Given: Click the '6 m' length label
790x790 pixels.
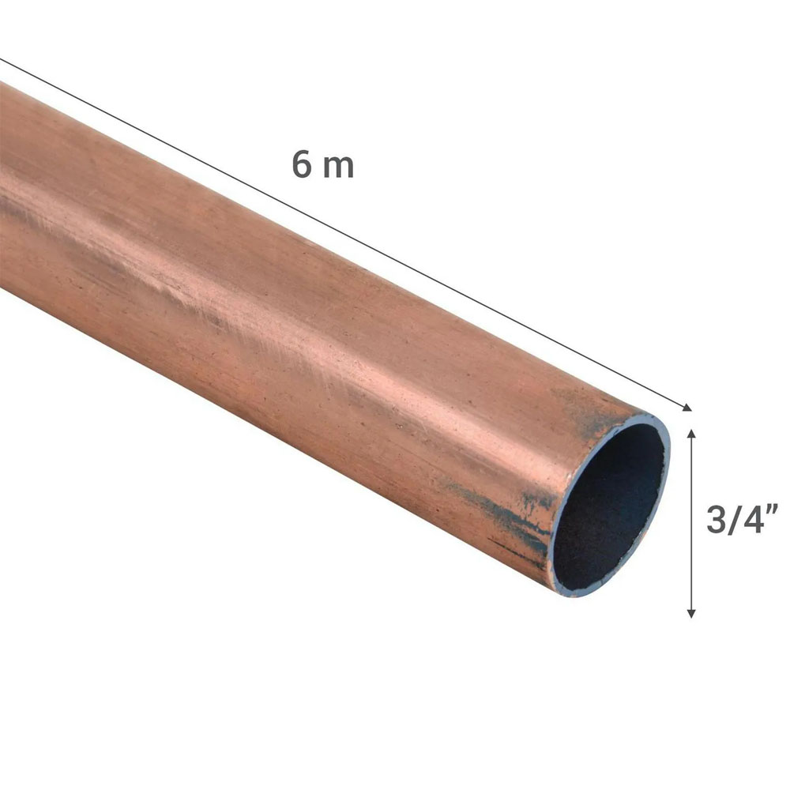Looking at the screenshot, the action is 323,164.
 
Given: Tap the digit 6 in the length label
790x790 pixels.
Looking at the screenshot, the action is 302,164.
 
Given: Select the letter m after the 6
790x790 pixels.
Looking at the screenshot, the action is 338,167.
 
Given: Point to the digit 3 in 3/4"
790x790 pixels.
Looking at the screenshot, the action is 716,520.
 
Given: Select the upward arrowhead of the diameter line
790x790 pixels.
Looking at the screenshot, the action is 691,434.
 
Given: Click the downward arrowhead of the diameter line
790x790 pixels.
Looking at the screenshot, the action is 691,613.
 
